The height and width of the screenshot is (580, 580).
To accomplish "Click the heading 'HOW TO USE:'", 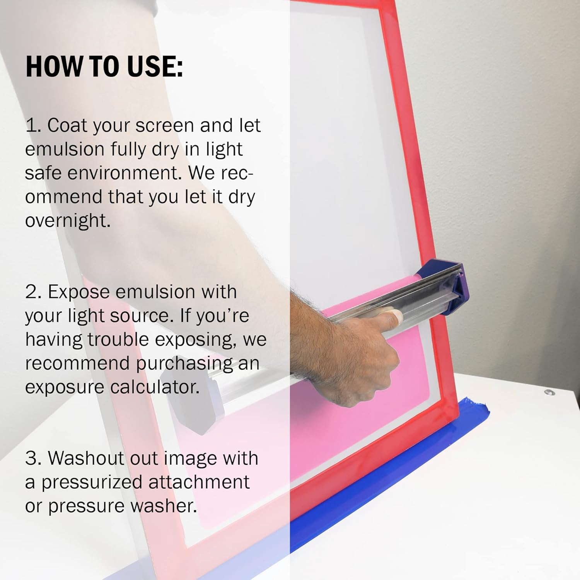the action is tap(104, 66).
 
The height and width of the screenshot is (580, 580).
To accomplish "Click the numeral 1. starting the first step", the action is tap(33, 126).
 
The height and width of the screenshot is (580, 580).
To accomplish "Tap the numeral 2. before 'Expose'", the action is tap(34, 292).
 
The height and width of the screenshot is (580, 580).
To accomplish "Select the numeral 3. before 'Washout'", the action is tap(34, 458).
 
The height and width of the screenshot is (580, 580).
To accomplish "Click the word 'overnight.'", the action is tap(68, 221).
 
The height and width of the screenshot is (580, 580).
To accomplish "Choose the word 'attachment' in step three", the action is tap(199, 482).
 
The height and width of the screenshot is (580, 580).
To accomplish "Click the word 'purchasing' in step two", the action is tap(184, 364).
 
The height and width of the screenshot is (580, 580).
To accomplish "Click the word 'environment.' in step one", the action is tap(125, 173).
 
